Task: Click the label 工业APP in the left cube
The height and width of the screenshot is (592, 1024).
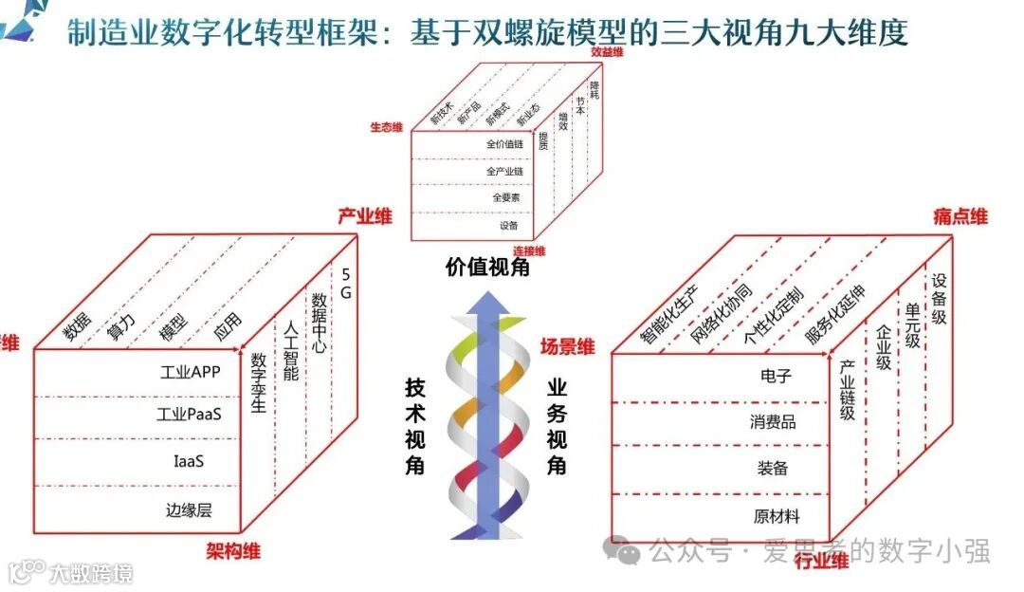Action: pyautogui.click(x=191, y=372)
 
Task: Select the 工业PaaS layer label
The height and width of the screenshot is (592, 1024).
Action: pyautogui.click(x=190, y=415)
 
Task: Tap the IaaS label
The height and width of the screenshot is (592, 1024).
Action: pyautogui.click(x=189, y=462)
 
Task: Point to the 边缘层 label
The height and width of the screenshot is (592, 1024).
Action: pyautogui.click(x=189, y=509)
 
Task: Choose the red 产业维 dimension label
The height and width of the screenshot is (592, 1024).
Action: pyautogui.click(x=364, y=216)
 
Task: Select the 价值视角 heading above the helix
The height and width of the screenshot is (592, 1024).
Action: pyautogui.click(x=487, y=268)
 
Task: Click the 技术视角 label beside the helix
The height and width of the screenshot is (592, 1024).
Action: pyautogui.click(x=415, y=427)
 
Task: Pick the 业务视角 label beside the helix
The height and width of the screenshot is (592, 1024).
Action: pyautogui.click(x=557, y=427)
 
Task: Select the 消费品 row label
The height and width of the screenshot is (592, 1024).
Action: pyautogui.click(x=774, y=422)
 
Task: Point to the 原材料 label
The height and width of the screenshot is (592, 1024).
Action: pyautogui.click(x=777, y=517)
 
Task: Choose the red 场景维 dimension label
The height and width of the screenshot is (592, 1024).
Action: pyautogui.click(x=567, y=347)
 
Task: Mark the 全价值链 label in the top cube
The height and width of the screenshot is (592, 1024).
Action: pyautogui.click(x=505, y=144)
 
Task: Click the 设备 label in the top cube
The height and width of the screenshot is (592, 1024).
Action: pyautogui.click(x=509, y=226)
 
